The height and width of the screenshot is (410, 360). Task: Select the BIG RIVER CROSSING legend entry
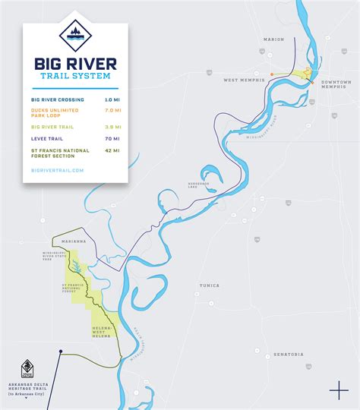coord(58,99)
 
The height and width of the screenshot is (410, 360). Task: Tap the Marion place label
coord(274,39)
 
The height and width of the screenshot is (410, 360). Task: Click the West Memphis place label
coord(242,80)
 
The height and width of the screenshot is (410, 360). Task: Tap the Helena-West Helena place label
coord(102,331)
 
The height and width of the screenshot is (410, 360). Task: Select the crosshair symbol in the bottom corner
coord(339,390)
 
